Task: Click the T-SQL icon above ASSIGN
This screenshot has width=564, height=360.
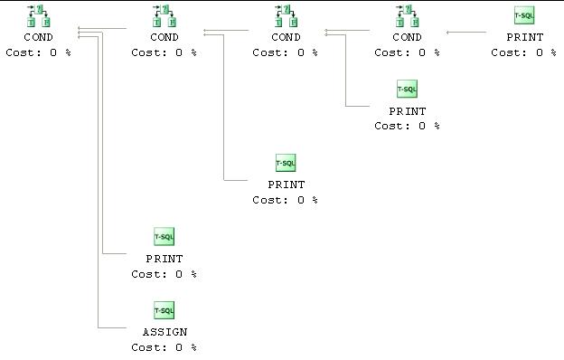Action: click(x=164, y=310)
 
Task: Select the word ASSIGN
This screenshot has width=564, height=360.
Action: click(x=164, y=332)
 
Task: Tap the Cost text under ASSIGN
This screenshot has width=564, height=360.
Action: click(x=164, y=347)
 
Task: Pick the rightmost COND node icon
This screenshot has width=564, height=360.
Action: click(x=407, y=15)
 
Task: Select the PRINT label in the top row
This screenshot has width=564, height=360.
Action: click(x=524, y=37)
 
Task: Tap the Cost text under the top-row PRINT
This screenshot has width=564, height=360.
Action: click(x=524, y=52)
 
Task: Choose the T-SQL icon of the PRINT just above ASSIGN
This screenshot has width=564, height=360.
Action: click(x=164, y=237)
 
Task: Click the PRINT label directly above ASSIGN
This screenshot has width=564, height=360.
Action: click(x=164, y=259)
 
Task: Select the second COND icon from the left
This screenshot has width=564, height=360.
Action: click(x=164, y=15)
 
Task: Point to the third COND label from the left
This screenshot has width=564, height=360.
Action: click(x=286, y=37)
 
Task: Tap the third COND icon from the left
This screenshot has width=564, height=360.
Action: click(x=286, y=15)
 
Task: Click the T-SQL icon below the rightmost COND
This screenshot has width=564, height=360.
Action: click(x=407, y=89)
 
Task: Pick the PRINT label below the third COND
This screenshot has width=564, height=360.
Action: click(x=286, y=185)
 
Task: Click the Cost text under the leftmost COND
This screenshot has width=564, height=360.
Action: click(x=39, y=52)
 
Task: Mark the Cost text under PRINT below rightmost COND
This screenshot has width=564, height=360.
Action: click(x=407, y=126)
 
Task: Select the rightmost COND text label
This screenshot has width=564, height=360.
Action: click(x=407, y=37)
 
